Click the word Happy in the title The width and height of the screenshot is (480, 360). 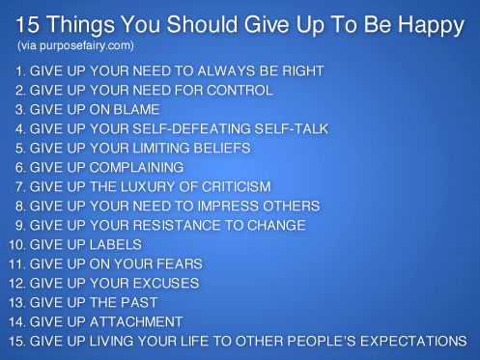431,26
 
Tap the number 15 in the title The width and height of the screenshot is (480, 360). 27,24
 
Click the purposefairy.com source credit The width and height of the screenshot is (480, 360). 75,45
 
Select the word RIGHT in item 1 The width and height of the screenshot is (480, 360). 303,70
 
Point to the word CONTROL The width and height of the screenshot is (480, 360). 240,90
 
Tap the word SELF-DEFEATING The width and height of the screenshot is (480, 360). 192,128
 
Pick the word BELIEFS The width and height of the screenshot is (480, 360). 222,148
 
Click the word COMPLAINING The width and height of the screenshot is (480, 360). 136,167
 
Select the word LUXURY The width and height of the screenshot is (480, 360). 148,186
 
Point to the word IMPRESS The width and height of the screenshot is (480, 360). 228,206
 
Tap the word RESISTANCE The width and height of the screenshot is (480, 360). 177,225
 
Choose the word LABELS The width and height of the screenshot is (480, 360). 116,244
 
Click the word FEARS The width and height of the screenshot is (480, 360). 180,263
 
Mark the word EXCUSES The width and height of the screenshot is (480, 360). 166,283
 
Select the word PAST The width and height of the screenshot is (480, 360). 139,302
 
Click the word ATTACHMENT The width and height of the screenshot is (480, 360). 136,321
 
